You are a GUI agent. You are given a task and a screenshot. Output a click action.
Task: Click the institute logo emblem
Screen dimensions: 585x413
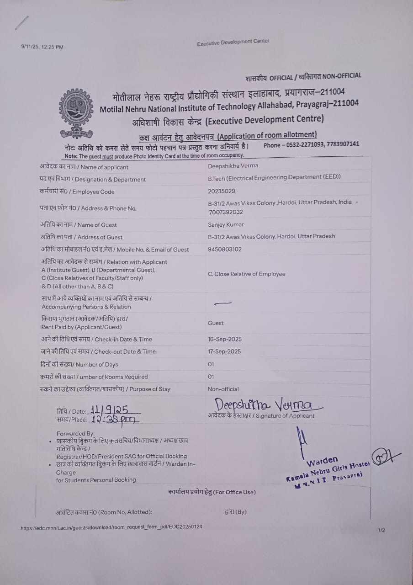(x=76, y=113)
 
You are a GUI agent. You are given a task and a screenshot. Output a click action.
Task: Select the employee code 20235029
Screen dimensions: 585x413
(x=222, y=191)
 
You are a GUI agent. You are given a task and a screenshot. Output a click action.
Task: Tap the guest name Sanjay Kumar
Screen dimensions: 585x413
(x=226, y=224)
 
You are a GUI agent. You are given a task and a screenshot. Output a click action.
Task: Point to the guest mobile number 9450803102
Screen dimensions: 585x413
(x=225, y=249)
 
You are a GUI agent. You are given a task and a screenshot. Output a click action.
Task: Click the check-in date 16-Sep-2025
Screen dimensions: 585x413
(x=225, y=339)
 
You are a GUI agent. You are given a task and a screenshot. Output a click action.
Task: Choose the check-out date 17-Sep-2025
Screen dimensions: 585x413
(x=225, y=351)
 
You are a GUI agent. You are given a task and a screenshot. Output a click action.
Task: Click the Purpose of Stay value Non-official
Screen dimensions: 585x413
(x=223, y=389)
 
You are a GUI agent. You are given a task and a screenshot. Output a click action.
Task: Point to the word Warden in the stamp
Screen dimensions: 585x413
(x=322, y=460)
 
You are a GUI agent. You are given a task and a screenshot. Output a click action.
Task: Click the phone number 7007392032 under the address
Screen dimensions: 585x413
(x=226, y=212)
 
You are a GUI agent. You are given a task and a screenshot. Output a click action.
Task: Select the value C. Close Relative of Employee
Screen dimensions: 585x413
(x=247, y=274)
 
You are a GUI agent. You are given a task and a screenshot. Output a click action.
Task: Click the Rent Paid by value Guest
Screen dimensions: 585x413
(x=216, y=323)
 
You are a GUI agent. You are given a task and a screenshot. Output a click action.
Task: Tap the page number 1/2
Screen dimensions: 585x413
(x=381, y=530)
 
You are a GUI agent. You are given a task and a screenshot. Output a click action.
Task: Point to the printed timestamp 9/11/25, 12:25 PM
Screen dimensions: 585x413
(x=42, y=47)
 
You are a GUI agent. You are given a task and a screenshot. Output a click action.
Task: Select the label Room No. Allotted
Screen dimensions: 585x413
(x=104, y=512)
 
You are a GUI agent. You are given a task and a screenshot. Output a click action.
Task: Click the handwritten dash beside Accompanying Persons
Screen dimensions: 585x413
(x=222, y=303)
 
